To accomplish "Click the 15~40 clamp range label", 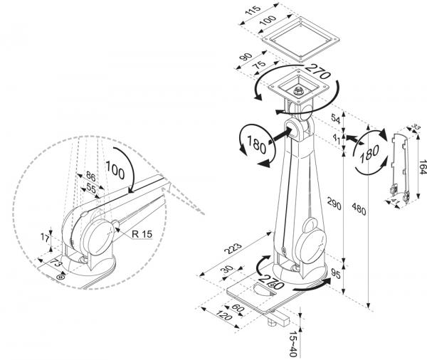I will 295,344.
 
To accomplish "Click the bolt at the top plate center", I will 297,91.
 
